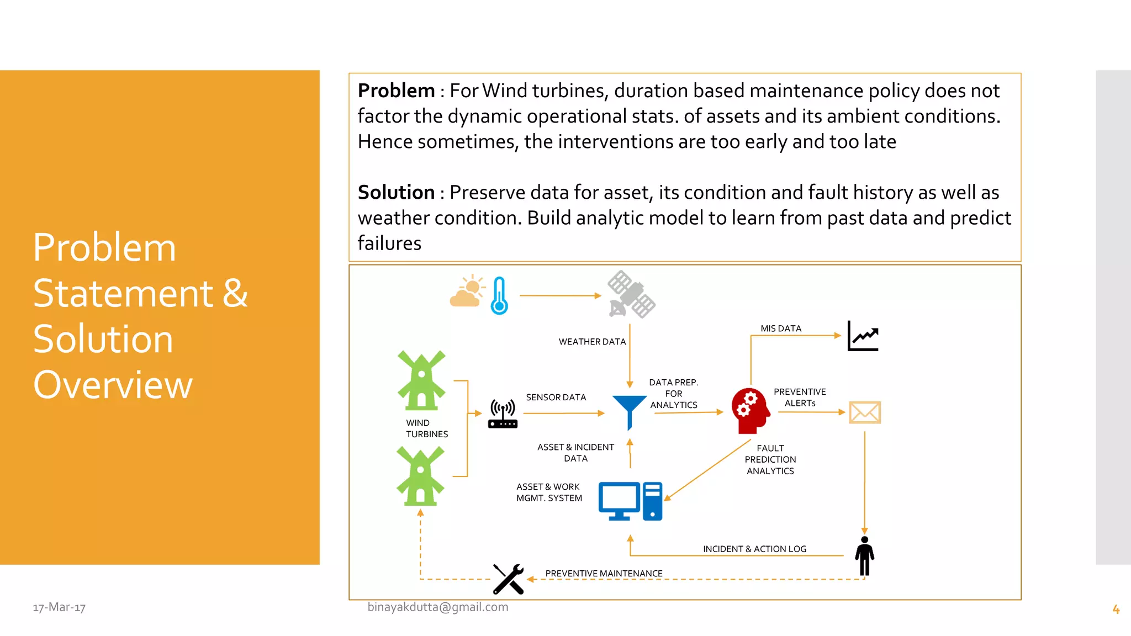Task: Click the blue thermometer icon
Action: click(499, 296)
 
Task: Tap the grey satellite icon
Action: click(631, 295)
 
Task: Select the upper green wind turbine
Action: click(421, 380)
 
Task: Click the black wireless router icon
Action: click(503, 415)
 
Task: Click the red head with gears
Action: click(750, 410)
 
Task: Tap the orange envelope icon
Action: click(864, 412)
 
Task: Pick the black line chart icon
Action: click(863, 336)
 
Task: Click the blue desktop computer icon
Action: click(630, 501)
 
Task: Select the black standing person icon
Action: click(864, 556)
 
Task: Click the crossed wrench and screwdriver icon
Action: click(508, 579)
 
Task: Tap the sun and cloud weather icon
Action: click(467, 291)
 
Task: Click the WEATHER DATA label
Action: click(592, 342)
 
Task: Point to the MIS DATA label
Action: click(780, 328)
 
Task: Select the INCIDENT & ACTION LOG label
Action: click(754, 549)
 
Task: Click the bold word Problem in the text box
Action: click(396, 91)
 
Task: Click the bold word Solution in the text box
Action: click(396, 192)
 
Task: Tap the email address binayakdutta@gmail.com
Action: click(438, 607)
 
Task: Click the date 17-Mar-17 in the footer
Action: click(59, 607)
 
